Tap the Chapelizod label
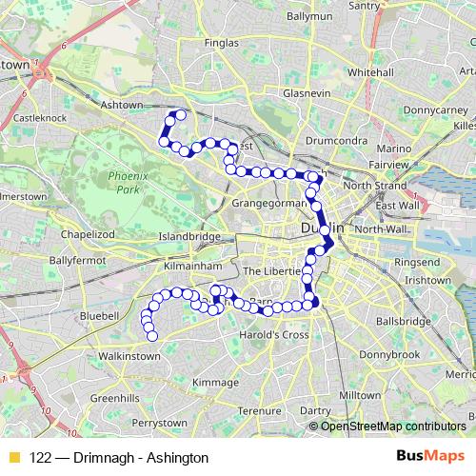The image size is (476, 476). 88,233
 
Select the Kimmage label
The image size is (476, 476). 215,382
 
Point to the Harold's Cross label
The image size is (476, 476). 276,335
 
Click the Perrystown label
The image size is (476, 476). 159,422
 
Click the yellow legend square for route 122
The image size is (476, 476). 12,458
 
